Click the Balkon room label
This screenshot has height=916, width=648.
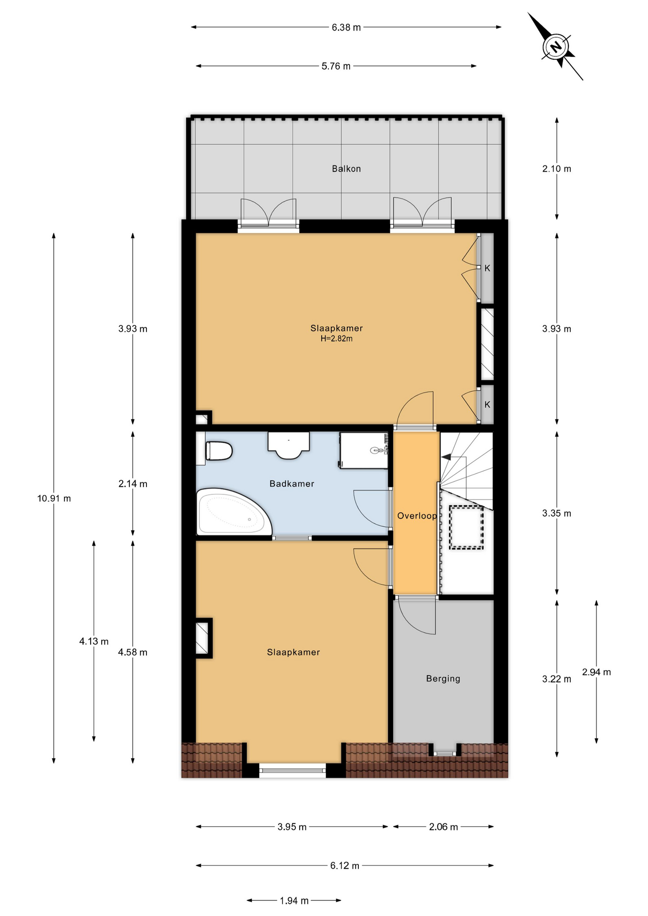pyautogui.click(x=346, y=168)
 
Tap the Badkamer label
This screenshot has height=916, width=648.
pyautogui.click(x=292, y=484)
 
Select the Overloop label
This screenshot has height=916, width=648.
pyautogui.click(x=417, y=516)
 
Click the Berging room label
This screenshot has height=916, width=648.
pyautogui.click(x=443, y=678)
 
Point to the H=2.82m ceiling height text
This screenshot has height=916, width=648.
pyautogui.click(x=336, y=339)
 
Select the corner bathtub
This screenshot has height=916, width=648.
pyautogui.click(x=234, y=512)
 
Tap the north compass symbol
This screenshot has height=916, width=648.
pyautogui.click(x=555, y=47)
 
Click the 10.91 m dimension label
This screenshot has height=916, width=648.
pyautogui.click(x=54, y=499)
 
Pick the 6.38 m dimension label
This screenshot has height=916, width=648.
pyautogui.click(x=346, y=28)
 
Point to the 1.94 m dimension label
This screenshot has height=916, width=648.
pyautogui.click(x=294, y=901)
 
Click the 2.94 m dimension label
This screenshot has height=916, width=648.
pyautogui.click(x=596, y=672)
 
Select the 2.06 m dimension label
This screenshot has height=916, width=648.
pyautogui.click(x=443, y=827)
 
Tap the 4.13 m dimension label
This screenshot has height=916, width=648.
pyautogui.click(x=94, y=642)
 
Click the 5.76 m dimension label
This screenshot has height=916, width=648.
pyautogui.click(x=336, y=66)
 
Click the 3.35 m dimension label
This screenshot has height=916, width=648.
pyautogui.click(x=556, y=513)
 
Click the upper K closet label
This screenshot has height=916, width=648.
pyautogui.click(x=487, y=268)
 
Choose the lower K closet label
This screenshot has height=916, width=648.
pyautogui.click(x=487, y=405)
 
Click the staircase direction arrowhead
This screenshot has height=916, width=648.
pyautogui.click(x=446, y=457)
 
